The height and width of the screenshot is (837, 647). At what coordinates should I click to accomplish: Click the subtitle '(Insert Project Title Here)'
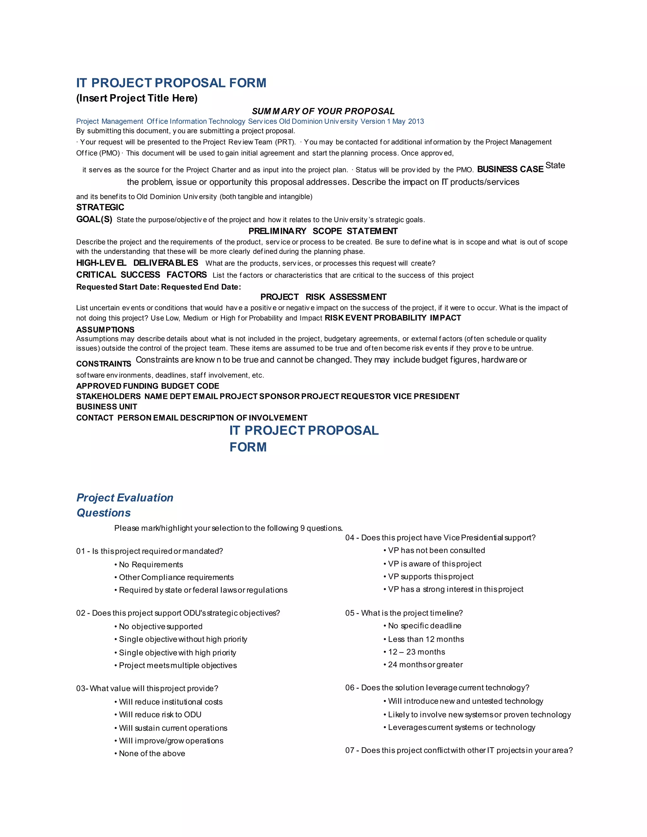click(x=137, y=99)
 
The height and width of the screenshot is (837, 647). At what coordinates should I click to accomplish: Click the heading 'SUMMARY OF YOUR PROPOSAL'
click(x=323, y=111)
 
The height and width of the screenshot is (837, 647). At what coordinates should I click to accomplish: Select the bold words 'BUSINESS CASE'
click(x=510, y=169)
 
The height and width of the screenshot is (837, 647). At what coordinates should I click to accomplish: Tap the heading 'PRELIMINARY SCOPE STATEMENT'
click(x=323, y=231)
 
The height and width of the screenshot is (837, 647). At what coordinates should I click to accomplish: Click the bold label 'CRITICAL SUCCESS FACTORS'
click(x=142, y=275)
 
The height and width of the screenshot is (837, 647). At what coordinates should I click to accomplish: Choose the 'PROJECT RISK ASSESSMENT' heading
click(x=323, y=297)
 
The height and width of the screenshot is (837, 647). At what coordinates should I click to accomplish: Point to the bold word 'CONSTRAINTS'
click(x=104, y=364)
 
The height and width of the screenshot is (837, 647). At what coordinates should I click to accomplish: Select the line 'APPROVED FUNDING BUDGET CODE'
click(x=148, y=386)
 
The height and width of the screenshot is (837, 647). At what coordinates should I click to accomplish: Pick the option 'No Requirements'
click(x=151, y=564)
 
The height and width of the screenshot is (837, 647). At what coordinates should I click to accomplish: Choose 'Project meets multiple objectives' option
click(x=178, y=665)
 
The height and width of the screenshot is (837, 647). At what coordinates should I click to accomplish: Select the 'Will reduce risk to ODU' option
click(x=160, y=714)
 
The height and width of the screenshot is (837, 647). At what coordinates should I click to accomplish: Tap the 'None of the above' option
click(x=152, y=753)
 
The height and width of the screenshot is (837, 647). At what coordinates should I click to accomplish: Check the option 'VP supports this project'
click(x=431, y=576)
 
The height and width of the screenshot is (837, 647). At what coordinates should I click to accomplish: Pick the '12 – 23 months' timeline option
click(x=416, y=652)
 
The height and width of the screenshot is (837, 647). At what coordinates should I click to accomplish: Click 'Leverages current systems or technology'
click(x=462, y=727)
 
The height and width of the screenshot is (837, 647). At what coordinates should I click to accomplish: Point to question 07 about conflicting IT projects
click(x=459, y=750)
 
